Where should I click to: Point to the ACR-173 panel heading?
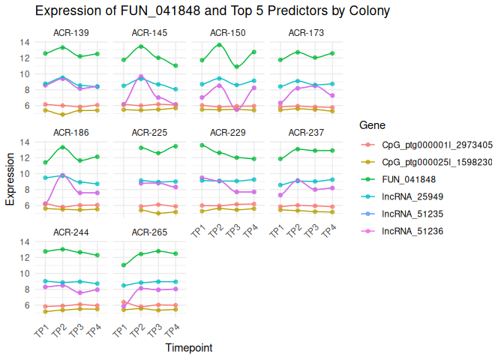(306, 33)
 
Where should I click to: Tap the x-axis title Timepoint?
(188, 348)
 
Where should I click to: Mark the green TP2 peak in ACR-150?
(218, 45)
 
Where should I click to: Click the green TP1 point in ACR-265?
(124, 265)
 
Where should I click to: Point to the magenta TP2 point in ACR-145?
(141, 76)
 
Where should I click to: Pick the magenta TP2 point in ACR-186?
(62, 175)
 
